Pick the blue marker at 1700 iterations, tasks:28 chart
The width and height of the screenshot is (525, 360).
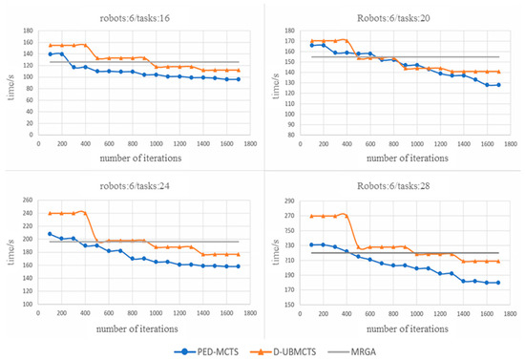tap(498, 283)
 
